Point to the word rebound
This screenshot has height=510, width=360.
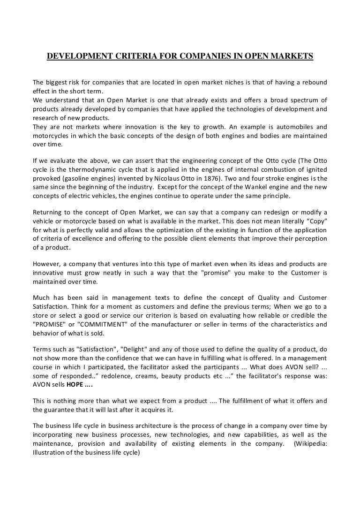313,83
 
